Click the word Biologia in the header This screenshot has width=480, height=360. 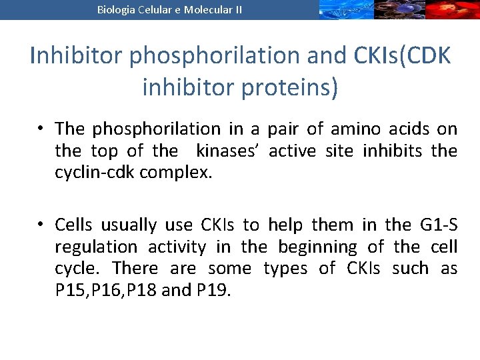pyautogui.click(x=115, y=9)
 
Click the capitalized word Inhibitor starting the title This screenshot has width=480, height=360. pyautogui.click(x=77, y=56)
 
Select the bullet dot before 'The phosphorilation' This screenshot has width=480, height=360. pyautogui.click(x=41, y=129)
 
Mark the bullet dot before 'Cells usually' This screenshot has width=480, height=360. pyautogui.click(x=41, y=225)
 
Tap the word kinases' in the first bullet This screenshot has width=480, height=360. pyautogui.click(x=229, y=151)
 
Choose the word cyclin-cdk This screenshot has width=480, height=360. pyautogui.click(x=94, y=173)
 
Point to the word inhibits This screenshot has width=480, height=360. pyautogui.click(x=392, y=151)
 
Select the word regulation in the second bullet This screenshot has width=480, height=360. pyautogui.click(x=97, y=247)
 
